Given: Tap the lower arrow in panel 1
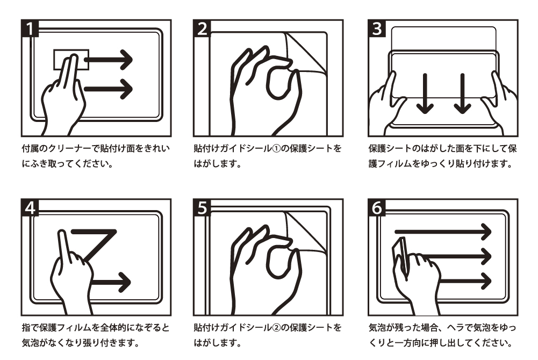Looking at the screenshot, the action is [x=108, y=89].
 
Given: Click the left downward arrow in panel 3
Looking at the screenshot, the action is [x=425, y=93].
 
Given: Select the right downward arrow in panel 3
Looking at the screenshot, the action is [x=462, y=93].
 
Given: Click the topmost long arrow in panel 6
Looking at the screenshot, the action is [x=443, y=232].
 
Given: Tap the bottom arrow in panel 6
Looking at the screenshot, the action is [x=465, y=281].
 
